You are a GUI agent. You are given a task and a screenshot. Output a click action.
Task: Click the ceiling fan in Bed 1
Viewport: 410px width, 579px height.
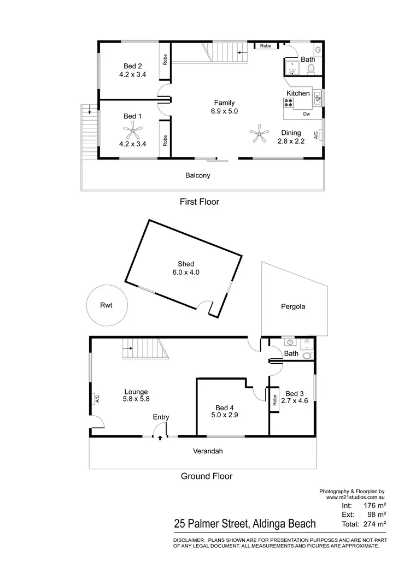[x=133, y=130]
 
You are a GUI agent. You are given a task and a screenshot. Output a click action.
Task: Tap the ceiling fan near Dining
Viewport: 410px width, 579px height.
[x=260, y=132]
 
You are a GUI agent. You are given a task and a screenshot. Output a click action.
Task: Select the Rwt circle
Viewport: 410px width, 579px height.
[x=106, y=305]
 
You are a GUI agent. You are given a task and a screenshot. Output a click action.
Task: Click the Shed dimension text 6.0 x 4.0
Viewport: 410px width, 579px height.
[x=186, y=272]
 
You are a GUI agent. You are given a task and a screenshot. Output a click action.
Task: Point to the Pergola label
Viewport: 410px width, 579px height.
[x=294, y=306]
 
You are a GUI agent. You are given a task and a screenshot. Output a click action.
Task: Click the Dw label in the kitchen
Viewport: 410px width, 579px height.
[x=306, y=114]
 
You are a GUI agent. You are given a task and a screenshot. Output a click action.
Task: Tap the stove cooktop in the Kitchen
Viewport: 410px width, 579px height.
[x=289, y=103]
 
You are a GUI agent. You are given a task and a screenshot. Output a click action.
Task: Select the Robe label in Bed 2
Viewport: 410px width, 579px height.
[x=164, y=60]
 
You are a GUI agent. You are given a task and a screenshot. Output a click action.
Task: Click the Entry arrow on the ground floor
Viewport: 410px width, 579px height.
[x=160, y=437]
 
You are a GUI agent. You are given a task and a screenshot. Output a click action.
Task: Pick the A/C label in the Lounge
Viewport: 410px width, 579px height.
[x=97, y=399]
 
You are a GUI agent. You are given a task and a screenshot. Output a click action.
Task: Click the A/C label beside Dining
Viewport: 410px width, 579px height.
[x=316, y=135]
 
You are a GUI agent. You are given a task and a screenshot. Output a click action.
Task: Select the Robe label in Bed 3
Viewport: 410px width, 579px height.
[x=274, y=401]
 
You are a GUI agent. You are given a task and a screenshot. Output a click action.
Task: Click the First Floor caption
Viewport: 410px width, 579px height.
[x=200, y=202]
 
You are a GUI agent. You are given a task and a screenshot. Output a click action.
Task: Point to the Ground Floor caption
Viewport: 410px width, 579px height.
[x=207, y=476]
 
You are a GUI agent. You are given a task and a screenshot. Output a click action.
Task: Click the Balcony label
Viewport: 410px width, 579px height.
[x=198, y=176]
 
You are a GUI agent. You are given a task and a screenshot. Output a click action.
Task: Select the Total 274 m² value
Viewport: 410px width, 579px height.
[x=375, y=524]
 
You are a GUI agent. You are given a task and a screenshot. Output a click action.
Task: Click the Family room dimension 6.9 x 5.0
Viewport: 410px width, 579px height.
[x=224, y=111]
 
